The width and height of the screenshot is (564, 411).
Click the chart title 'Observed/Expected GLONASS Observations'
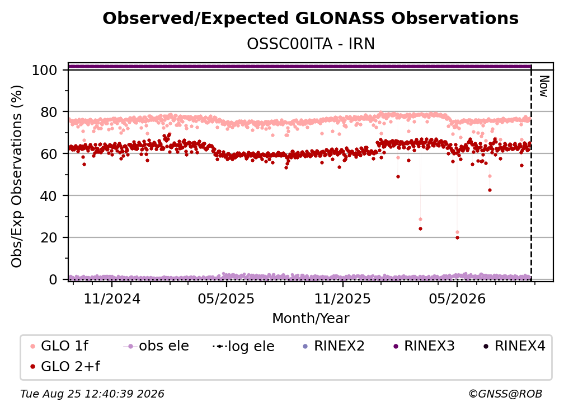(x=311, y=18)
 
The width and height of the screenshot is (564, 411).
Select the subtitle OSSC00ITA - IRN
(x=311, y=44)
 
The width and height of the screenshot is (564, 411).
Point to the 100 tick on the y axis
(x=45, y=70)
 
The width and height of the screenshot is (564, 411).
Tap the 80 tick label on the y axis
(x=49, y=113)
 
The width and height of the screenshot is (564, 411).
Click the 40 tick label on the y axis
(x=49, y=196)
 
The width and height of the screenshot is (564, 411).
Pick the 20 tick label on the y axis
(x=49, y=238)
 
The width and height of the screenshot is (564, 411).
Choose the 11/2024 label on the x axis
(x=112, y=299)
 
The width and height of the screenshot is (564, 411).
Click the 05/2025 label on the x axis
(x=226, y=299)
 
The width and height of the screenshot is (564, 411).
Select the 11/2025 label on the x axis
(x=342, y=299)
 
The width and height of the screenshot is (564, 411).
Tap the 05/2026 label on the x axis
(x=457, y=299)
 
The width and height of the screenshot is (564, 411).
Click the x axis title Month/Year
(x=311, y=319)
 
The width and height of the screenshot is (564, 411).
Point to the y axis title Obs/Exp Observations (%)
(x=17, y=176)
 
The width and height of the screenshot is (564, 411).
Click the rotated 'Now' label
(x=543, y=86)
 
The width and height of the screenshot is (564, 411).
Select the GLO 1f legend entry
(x=59, y=346)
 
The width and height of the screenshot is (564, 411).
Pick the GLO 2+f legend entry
(x=65, y=367)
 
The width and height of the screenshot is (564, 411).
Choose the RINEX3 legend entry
(x=425, y=346)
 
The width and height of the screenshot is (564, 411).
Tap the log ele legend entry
(x=243, y=347)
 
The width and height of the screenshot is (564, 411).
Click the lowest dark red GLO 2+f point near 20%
(x=457, y=237)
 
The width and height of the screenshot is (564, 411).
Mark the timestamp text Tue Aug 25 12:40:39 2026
(x=92, y=394)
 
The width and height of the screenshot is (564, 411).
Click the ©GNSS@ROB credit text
(x=505, y=394)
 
